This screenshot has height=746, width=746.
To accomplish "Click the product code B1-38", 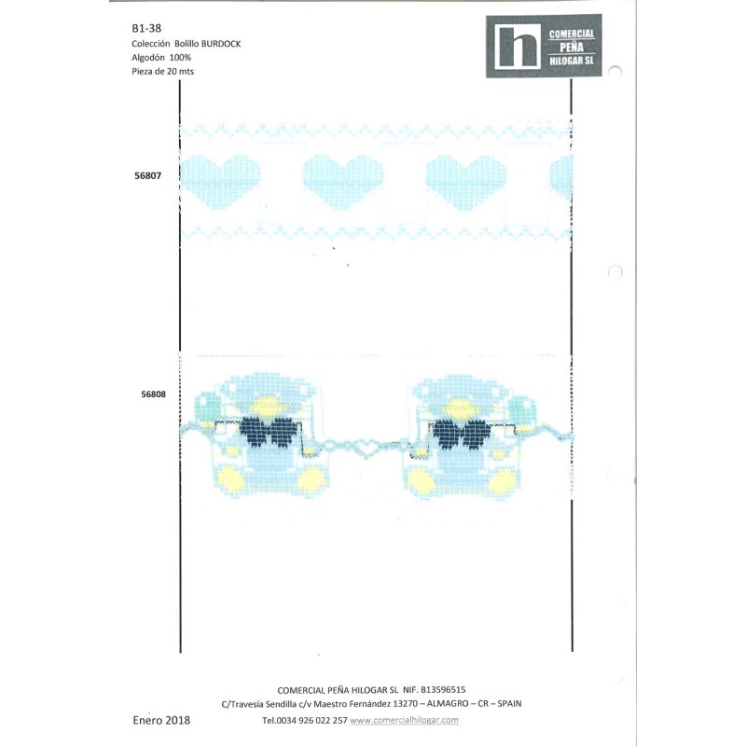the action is click(x=146, y=29).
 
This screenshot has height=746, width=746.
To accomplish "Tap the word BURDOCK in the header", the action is click(x=221, y=44).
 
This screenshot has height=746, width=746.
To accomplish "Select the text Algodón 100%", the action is click(x=161, y=58).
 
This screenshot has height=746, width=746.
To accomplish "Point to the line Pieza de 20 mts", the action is click(x=162, y=72).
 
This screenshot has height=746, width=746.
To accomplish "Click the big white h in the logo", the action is click(x=518, y=46).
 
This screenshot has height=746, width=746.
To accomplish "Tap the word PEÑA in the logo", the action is click(x=572, y=48).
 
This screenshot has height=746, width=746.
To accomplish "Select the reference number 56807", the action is click(x=148, y=175).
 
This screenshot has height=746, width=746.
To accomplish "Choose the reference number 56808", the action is click(x=153, y=394).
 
